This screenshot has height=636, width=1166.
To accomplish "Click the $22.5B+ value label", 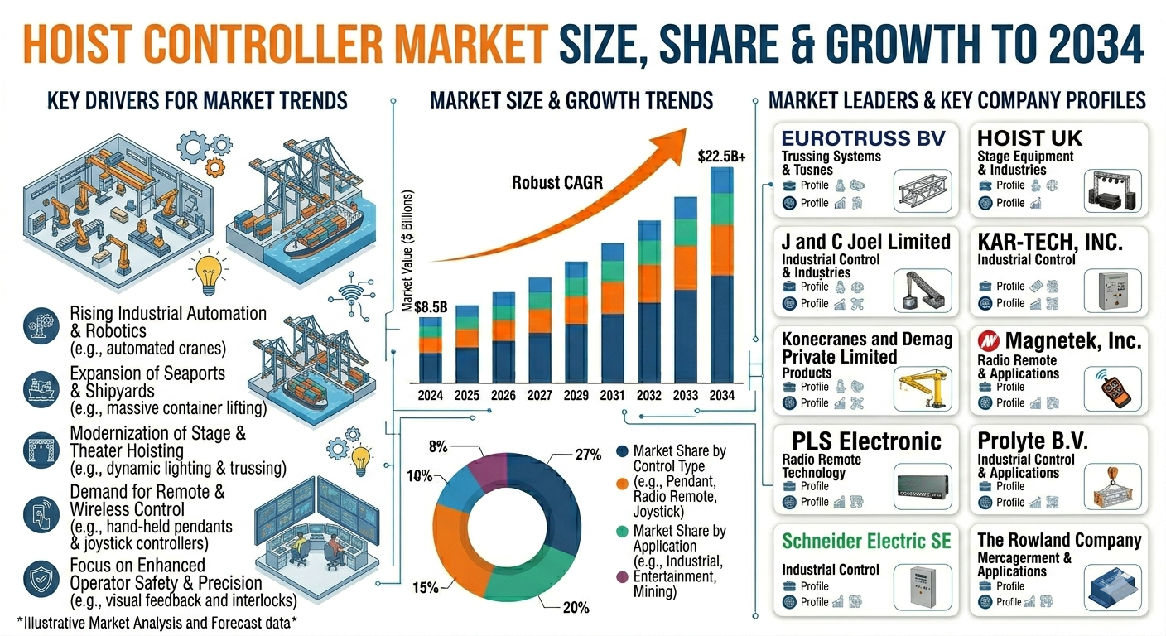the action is (721, 157).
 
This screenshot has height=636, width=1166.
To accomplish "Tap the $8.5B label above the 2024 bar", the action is (431, 307).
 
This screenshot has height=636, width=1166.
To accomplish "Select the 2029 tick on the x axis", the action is (576, 396).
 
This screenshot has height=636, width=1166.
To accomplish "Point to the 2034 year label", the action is (721, 396).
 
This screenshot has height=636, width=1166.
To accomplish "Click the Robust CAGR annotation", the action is (557, 183).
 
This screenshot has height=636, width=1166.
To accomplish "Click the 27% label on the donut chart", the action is (588, 455).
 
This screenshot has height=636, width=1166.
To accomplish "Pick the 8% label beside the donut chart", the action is (438, 446).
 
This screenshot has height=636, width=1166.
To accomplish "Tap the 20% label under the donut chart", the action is (576, 607).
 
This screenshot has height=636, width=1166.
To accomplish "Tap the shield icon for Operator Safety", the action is (41, 579).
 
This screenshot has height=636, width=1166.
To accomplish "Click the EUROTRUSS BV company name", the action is (863, 138).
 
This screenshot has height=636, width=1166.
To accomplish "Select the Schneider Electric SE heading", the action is (866, 542).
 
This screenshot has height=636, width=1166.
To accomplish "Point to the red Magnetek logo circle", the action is (989, 341).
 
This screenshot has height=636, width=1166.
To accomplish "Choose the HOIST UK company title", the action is (1029, 138).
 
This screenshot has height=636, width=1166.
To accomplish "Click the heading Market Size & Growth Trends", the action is (571, 100).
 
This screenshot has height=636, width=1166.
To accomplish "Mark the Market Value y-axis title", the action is (407, 251).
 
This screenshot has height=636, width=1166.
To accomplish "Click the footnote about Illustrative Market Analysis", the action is (157, 623).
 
